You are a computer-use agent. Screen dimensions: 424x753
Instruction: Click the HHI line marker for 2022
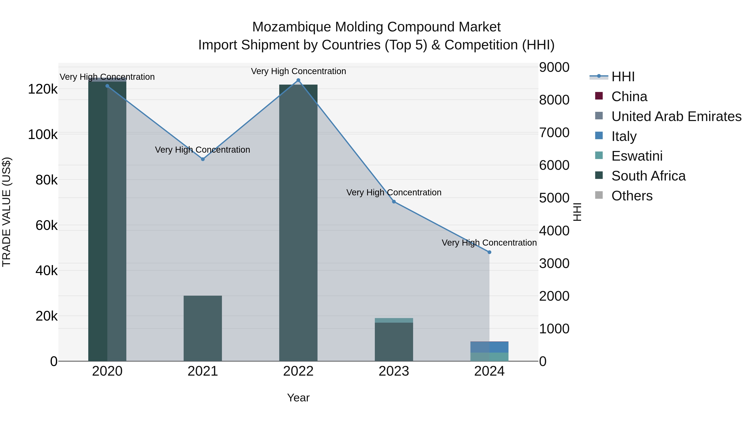point(298,80)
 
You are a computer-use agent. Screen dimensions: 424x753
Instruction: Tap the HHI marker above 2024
point(489,252)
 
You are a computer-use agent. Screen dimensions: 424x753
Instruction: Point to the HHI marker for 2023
point(394,202)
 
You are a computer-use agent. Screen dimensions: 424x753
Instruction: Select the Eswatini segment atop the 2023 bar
point(394,320)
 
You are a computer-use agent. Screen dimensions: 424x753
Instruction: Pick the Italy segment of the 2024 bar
point(489,347)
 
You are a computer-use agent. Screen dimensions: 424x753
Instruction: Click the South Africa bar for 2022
point(298,222)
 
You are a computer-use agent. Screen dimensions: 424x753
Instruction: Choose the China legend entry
point(629,97)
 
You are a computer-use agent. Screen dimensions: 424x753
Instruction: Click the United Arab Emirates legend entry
point(676,116)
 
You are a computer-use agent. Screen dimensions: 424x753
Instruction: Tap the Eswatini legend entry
point(637,156)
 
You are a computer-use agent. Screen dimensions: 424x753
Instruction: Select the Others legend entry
point(632,196)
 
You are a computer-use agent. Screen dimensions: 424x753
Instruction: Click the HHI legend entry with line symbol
point(623,77)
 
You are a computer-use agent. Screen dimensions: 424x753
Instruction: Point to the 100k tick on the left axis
point(43,135)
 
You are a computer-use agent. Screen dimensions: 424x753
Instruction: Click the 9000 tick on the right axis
point(554,67)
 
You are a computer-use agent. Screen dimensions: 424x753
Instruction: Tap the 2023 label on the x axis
point(394,371)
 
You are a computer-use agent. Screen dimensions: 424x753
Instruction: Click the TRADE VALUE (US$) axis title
point(6,212)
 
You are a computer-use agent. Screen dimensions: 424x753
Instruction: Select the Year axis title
point(298,398)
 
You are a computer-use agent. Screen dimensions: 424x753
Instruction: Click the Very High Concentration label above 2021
point(202,150)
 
